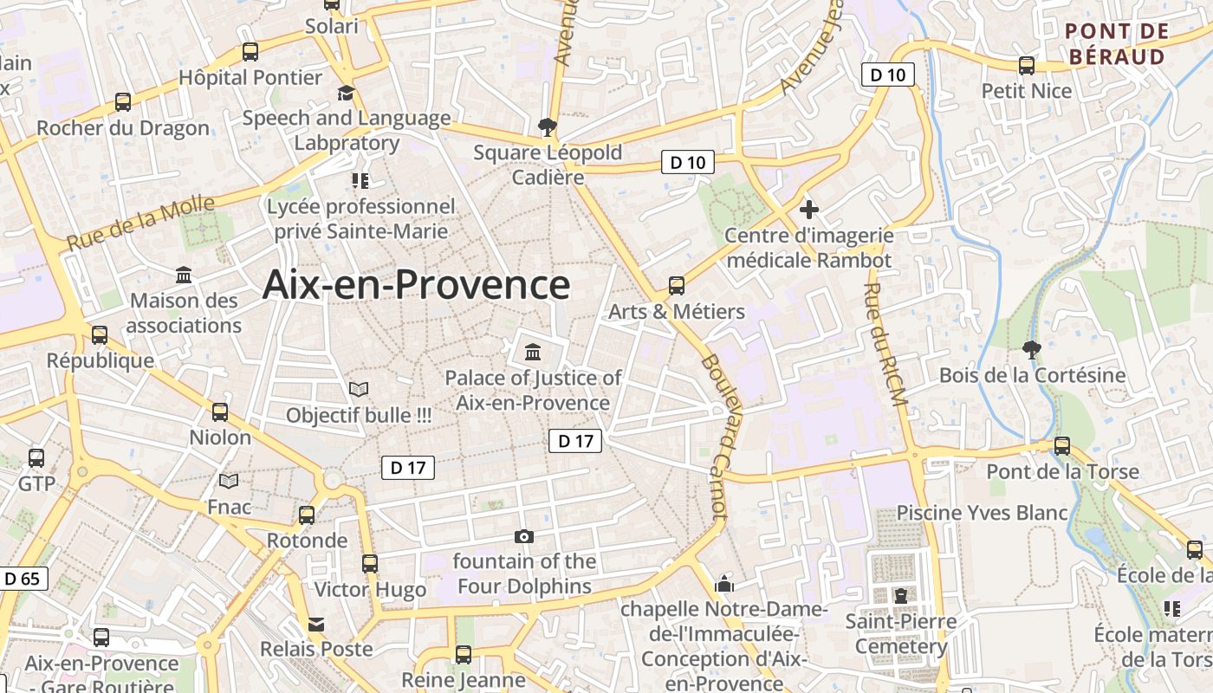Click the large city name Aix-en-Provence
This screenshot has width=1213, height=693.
416,285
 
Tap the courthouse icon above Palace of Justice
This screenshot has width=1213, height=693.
532,353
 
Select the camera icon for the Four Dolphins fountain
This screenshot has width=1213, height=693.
523,537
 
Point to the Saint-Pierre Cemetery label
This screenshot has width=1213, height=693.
901,634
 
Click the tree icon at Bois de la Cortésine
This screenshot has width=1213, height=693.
1031,350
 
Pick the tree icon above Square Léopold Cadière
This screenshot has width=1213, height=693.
547,127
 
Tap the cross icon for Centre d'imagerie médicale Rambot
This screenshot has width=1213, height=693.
809,210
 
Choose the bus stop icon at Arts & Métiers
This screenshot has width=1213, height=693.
677,286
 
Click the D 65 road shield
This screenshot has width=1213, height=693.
22,579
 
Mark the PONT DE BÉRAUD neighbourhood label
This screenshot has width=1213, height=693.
1117,44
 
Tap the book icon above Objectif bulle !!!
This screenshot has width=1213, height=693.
358,390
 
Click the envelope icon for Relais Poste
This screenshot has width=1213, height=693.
316,624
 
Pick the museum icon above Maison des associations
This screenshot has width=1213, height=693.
184,275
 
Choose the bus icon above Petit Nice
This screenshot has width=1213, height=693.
1027,65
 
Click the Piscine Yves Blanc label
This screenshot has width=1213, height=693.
982,513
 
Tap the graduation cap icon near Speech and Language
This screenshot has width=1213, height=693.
347,93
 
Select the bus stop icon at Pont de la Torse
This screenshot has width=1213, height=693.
1062,446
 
